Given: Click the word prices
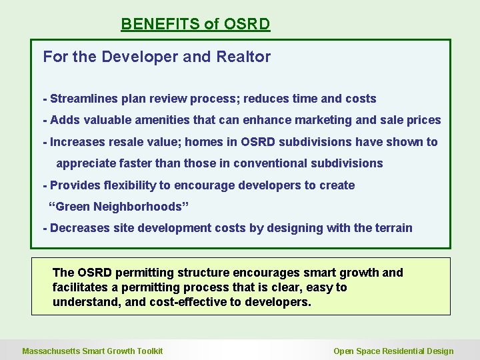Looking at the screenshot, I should [423, 120].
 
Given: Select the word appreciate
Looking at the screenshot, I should [85, 163].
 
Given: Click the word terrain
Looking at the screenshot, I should [393, 228].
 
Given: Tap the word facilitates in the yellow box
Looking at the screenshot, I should [79, 287].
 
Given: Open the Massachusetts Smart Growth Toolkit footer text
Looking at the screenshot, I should [93, 351].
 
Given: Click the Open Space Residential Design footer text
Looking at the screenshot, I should [393, 351].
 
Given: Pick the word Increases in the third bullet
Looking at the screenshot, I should [77, 141].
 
